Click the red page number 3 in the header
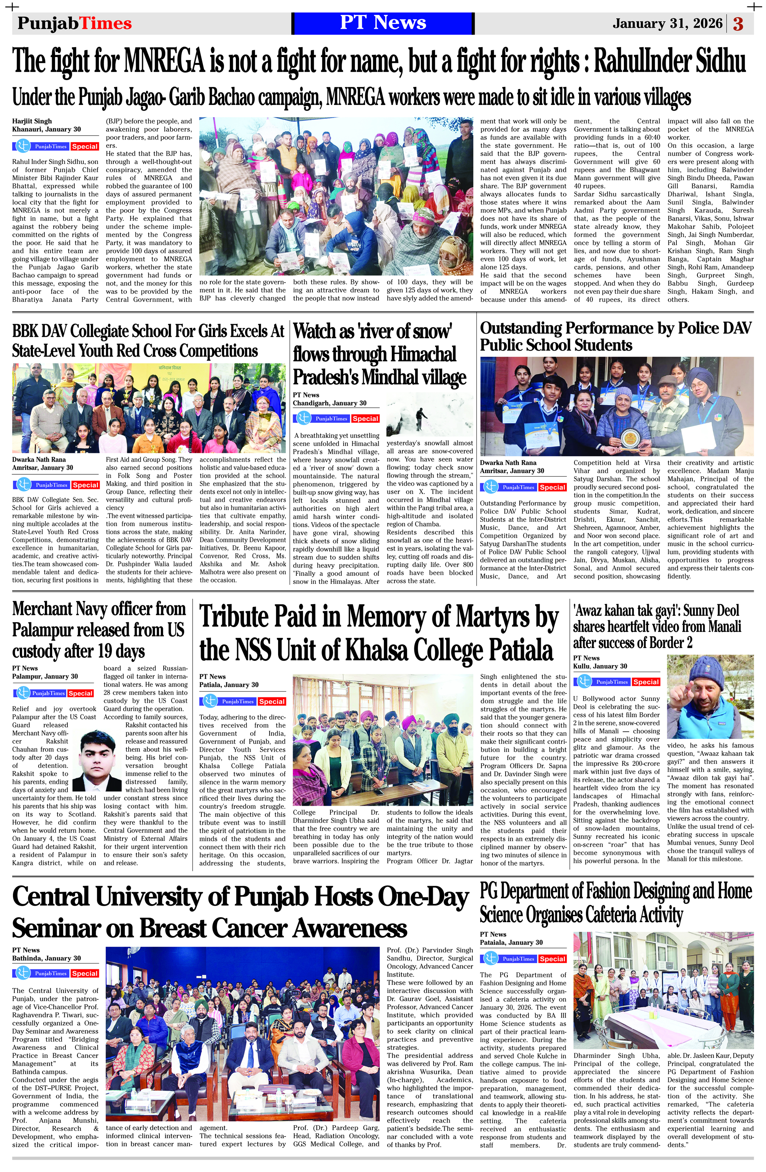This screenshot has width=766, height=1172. pyautogui.click(x=738, y=24)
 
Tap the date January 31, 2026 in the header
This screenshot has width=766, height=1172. pyautogui.click(x=667, y=24)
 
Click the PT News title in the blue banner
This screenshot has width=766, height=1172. pyautogui.click(x=383, y=23)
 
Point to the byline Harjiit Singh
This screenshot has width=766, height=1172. pyautogui.click(x=32, y=121)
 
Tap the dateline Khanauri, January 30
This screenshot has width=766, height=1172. pyautogui.click(x=46, y=129)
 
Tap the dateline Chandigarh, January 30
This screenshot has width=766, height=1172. pyautogui.click(x=329, y=403)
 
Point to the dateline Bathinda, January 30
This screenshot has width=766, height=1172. pyautogui.click(x=46, y=958)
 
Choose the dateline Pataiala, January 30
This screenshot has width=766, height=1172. pyautogui.click(x=511, y=943)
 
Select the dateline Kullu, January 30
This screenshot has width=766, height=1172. pyautogui.click(x=600, y=666)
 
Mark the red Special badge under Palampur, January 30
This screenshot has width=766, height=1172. pyautogui.click(x=80, y=693)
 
